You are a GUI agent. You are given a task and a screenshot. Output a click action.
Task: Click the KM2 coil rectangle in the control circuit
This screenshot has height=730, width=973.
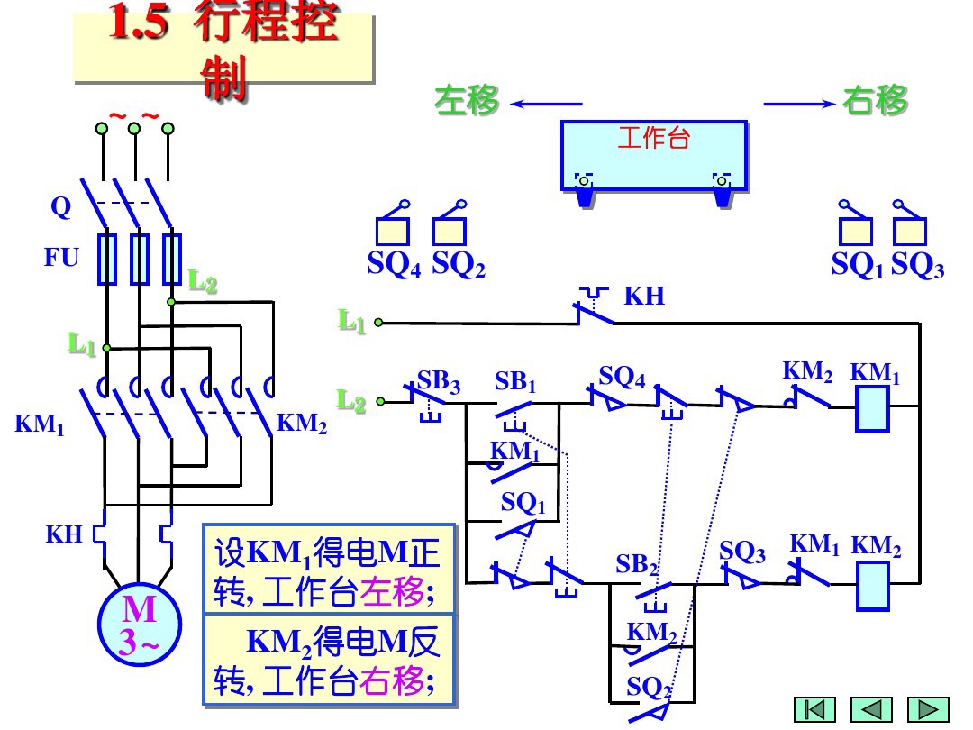(872, 585)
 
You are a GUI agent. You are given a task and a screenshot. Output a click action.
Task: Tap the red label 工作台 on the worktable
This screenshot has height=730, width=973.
(653, 138)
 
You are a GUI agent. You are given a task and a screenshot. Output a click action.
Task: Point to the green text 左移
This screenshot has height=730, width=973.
(467, 101)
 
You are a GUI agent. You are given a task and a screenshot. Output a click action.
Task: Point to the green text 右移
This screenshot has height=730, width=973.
(876, 101)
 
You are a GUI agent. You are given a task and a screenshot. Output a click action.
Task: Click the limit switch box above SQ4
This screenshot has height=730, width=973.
(392, 232)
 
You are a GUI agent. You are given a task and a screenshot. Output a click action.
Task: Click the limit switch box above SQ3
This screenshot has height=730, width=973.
(910, 232)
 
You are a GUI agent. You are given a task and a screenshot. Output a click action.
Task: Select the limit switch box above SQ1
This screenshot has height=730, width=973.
(855, 232)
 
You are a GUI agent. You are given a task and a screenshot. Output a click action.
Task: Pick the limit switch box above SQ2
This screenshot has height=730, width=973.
(449, 232)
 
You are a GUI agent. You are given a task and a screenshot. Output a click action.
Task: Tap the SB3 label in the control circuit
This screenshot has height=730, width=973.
(439, 382)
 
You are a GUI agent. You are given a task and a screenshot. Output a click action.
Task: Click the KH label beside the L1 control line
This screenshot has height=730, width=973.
(644, 297)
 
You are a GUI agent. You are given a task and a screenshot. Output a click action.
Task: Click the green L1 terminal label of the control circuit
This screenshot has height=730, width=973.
(352, 321)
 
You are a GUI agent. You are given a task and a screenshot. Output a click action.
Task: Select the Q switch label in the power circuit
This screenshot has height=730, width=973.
(60, 207)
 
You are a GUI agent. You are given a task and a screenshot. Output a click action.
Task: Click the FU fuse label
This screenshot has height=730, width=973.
(62, 258)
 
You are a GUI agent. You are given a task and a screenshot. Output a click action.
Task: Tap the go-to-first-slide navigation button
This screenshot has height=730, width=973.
(814, 709)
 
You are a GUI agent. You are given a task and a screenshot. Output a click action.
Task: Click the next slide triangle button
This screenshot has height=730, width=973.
(928, 709)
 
